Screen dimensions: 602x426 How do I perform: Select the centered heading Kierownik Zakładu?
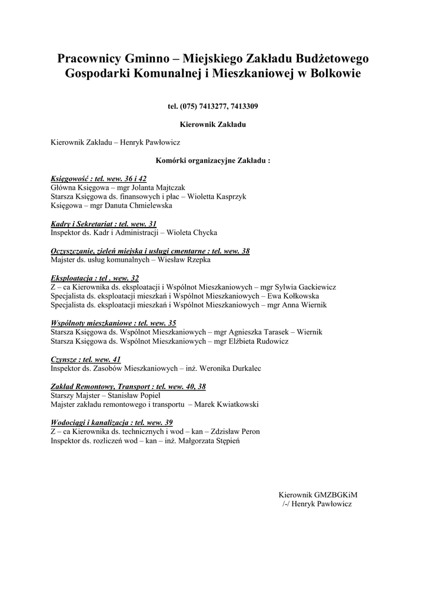coord(212,125)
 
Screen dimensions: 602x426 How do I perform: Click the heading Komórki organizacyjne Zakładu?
coord(212,160)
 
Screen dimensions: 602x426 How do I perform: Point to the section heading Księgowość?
coord(68,178)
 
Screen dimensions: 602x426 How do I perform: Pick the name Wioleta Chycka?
coord(192,233)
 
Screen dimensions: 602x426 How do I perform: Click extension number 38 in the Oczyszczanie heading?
coord(245,251)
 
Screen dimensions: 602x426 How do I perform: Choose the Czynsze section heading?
coord(64,359)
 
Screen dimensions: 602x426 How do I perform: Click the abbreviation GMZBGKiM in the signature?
coord(335,495)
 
